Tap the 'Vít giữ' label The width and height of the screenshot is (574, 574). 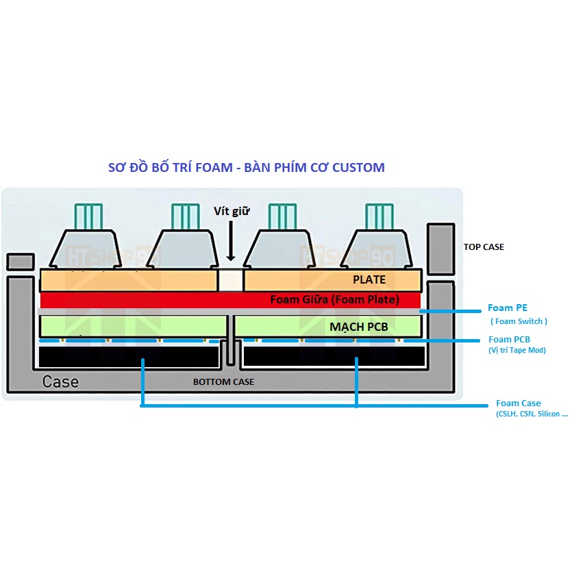pyautogui.click(x=231, y=212)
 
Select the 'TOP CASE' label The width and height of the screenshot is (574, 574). pyautogui.click(x=484, y=247)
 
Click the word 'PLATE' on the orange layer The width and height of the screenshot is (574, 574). pyautogui.click(x=369, y=279)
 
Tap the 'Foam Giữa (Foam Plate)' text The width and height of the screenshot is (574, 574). pyautogui.click(x=334, y=299)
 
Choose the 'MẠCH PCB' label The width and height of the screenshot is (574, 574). pyautogui.click(x=358, y=327)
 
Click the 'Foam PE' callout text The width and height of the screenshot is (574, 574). pyautogui.click(x=508, y=308)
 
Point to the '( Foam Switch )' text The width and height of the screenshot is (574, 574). pyautogui.click(x=519, y=321)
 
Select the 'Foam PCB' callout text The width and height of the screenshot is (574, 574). pyautogui.click(x=509, y=339)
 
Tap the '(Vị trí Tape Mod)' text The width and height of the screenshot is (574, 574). pyautogui.click(x=517, y=351)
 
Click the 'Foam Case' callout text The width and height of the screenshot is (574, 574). pyautogui.click(x=519, y=403)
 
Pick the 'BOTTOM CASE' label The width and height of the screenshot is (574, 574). pyautogui.click(x=223, y=382)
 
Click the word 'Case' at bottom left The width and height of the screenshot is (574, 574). pyautogui.click(x=60, y=382)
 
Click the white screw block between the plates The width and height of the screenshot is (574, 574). pyautogui.click(x=231, y=279)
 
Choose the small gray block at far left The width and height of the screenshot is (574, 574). pyautogui.click(x=20, y=261)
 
